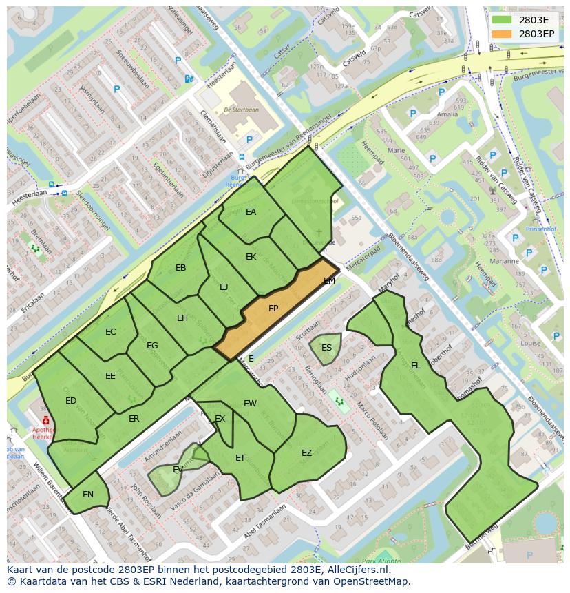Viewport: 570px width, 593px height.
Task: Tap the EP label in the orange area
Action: coord(273,309)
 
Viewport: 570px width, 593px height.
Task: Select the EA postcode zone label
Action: coord(251,212)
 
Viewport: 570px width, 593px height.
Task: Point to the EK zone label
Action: coord(251,257)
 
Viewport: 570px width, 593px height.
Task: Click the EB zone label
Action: coord(181,268)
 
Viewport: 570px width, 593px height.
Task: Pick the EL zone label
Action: coord(416,366)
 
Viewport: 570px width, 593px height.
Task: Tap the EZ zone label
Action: coord(307,452)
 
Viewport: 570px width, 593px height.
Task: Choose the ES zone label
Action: coord(326,347)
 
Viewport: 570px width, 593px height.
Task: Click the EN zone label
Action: coord(88,495)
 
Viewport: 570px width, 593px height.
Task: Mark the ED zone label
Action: coord(71,401)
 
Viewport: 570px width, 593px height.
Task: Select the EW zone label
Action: coord(250,404)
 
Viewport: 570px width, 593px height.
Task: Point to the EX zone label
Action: coord(220,419)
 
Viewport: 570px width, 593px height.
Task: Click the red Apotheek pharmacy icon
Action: coord(45,420)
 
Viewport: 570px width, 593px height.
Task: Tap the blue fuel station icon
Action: coord(189,79)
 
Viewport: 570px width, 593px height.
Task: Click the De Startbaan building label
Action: coord(237,110)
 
